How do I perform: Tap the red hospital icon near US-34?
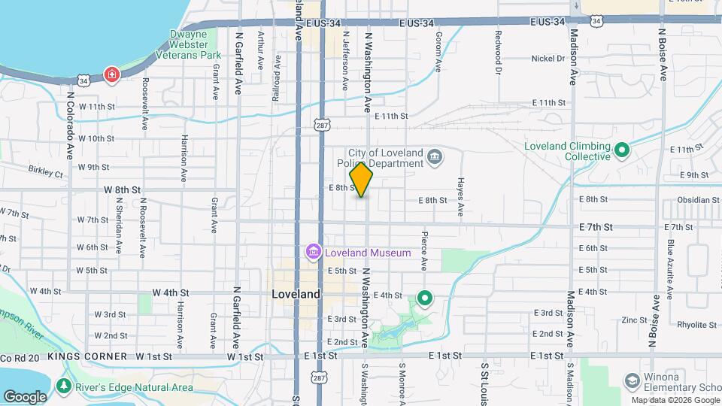point(112,75)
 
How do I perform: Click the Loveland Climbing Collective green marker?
point(621,150)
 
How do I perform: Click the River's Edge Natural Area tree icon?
point(64,387)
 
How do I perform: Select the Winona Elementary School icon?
point(629,380)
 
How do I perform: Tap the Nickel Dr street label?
point(548,58)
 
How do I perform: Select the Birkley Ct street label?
point(46,173)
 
